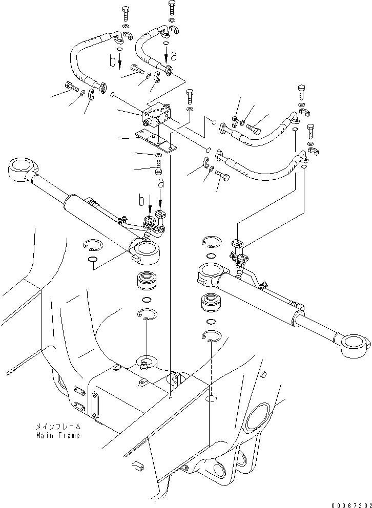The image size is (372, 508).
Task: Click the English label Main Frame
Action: [57, 435]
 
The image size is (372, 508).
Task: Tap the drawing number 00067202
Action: [349, 502]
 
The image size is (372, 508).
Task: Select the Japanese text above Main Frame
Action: [57, 426]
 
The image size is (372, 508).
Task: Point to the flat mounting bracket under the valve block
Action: [156, 141]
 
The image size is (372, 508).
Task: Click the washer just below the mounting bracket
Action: [158, 155]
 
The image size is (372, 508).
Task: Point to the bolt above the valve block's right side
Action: [190, 95]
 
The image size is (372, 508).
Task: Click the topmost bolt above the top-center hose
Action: [172, 8]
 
